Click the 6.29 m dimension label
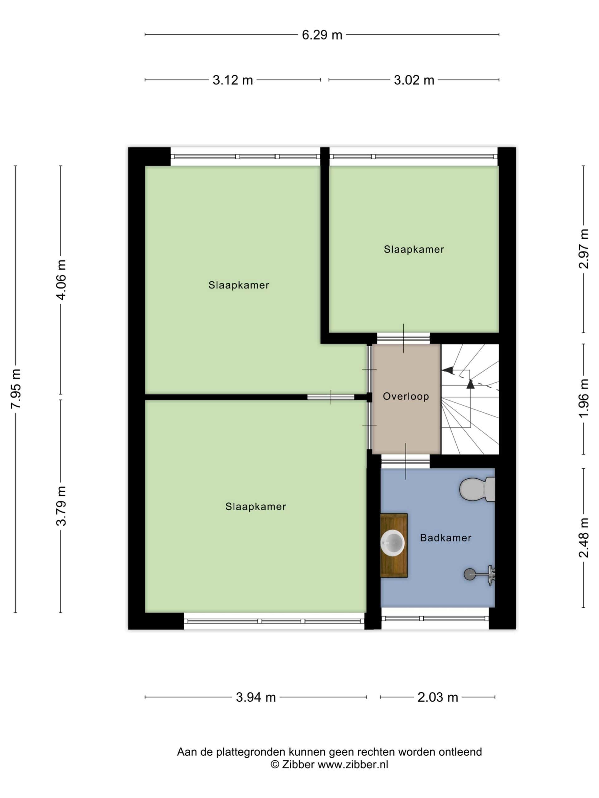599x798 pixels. point(322,35)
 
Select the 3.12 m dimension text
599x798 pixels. point(232,80)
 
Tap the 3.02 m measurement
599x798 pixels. point(414,80)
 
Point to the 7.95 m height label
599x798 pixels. point(16,388)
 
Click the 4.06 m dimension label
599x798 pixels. point(61,280)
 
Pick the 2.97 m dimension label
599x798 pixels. point(583,248)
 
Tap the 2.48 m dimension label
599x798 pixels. point(583,537)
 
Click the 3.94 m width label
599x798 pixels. point(256,697)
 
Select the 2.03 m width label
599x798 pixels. point(438,697)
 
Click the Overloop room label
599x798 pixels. point(406,397)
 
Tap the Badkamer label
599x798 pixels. point(446,538)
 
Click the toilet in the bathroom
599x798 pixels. point(477,489)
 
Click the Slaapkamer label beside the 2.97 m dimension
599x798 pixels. point(414,249)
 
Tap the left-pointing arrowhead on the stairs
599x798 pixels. point(447,370)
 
